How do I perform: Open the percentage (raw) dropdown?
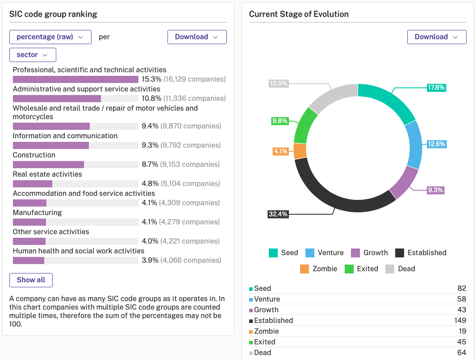coord(50,37)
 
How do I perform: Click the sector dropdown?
coord(33,55)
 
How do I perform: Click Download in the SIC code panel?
coord(196,37)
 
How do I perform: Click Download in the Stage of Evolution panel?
coord(436,37)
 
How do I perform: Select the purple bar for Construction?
coord(48,165)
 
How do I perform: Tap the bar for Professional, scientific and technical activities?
coord(75,79)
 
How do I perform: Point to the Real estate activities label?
coord(47,174)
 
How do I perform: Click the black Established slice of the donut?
coord(339,196)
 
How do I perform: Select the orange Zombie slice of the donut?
coord(301,151)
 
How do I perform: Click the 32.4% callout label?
coord(278,214)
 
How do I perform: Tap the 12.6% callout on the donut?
coord(436,144)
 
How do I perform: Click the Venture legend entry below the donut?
coord(325,253)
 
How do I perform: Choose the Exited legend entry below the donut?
coord(361,269)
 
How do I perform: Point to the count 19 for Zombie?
coord(461,331)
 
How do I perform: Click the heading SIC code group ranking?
coord(53,14)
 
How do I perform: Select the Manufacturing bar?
coord(29,222)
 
